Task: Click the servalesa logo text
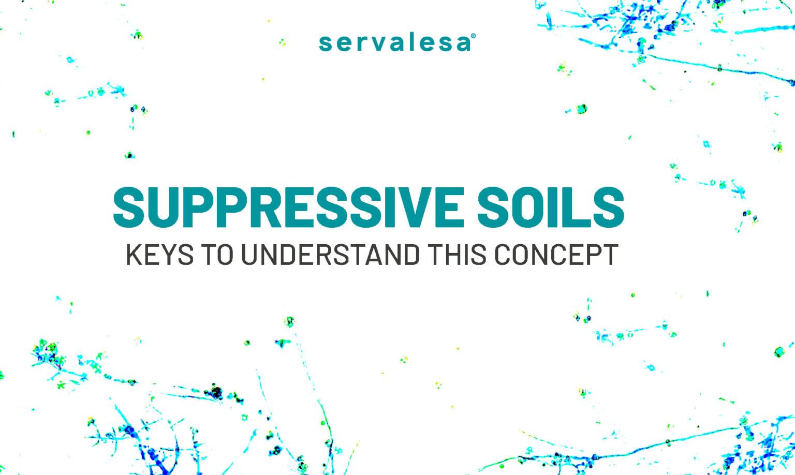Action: pos(395,43)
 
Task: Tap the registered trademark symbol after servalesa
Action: pos(474,36)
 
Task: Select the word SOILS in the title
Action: pos(551,207)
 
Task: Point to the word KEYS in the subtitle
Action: pos(160,255)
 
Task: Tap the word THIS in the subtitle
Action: pos(457,255)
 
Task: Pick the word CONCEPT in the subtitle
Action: pos(556,255)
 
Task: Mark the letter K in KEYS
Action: pos(134,255)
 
